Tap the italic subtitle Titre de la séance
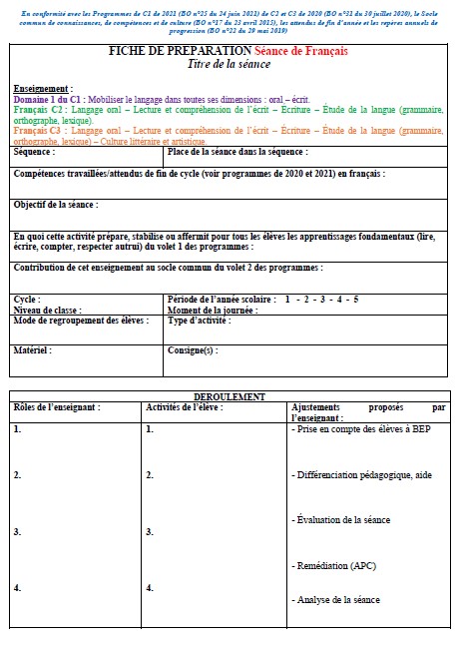coord(229,64)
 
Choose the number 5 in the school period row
coord(355,299)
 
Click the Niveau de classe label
coord(47,310)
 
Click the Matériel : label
coord(32,350)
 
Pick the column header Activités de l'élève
coord(184,407)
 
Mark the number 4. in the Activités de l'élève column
coord(150,588)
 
